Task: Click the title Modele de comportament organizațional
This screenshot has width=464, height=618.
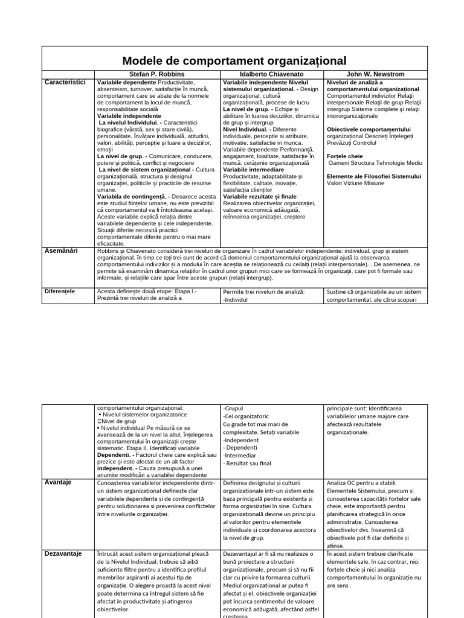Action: [x=234, y=60]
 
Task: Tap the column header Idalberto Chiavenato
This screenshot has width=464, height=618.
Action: [x=272, y=74]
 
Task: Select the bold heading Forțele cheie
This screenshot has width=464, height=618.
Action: [x=345, y=156]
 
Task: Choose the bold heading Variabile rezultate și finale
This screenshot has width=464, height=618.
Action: [x=260, y=196]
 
